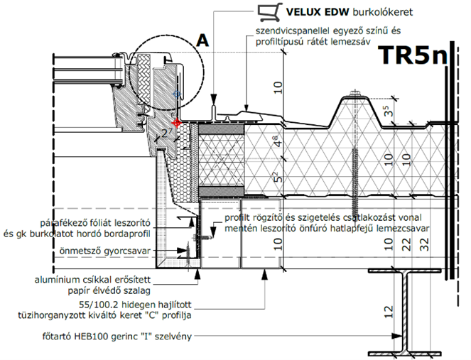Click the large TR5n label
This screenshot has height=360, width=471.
click(413, 55)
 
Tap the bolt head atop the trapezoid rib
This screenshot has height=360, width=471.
click(355, 94)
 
